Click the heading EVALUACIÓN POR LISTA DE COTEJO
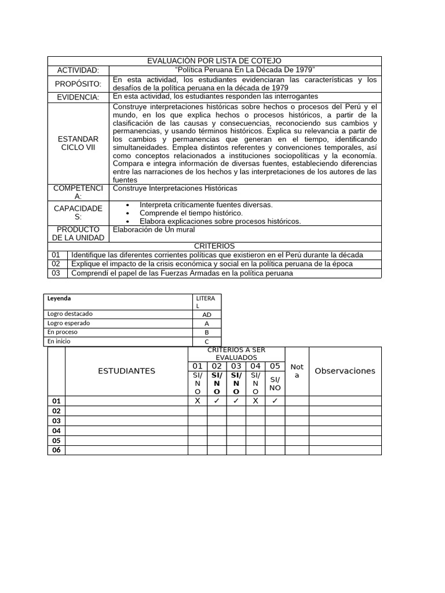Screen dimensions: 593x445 [x=214, y=61]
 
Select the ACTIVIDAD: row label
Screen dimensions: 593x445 [x=78, y=70]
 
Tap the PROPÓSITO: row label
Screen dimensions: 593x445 [x=78, y=84]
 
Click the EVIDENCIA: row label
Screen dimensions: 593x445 [x=78, y=97]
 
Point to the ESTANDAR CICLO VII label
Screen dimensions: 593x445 [x=78, y=143]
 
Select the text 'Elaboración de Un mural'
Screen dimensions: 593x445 [x=154, y=229]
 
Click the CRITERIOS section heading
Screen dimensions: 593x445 [x=214, y=246]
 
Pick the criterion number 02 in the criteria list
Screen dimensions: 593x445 [x=56, y=264]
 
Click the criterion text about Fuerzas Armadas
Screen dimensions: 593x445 [x=183, y=273]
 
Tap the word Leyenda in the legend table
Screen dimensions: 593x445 [x=60, y=298]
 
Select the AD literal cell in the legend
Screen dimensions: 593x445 [x=207, y=314]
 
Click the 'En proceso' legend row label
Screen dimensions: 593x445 [x=63, y=332]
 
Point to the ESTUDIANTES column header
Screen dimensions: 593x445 [x=126, y=371]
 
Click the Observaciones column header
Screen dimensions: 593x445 [x=345, y=371]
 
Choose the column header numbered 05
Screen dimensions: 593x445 [x=275, y=366]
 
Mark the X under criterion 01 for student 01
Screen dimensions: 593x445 [x=198, y=401]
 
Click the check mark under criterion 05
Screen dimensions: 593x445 [x=275, y=401]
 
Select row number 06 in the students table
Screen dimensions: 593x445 [x=56, y=450]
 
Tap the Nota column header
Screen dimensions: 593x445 [x=297, y=371]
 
